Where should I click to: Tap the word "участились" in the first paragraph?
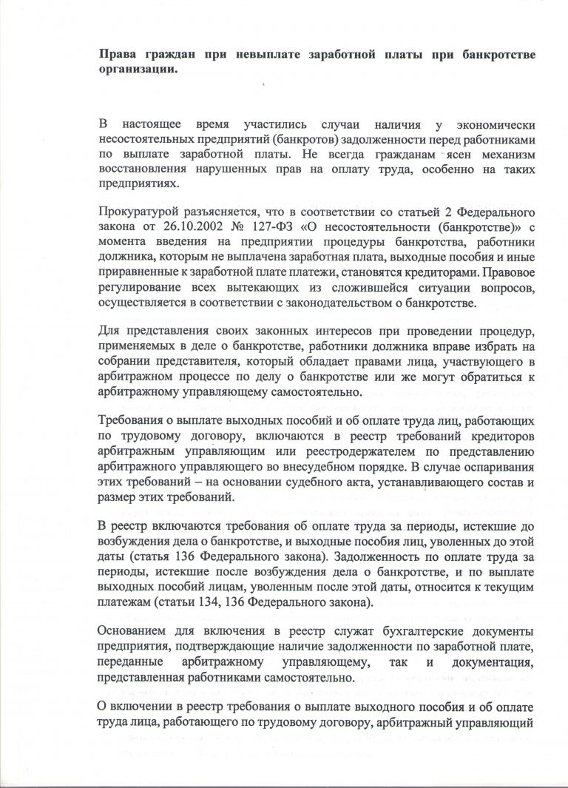click(278, 124)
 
